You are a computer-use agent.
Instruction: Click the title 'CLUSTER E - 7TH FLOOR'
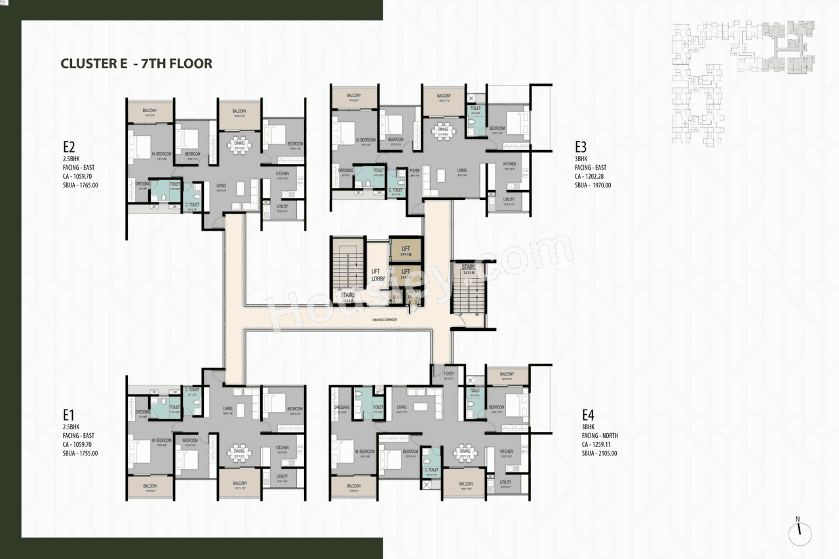click(136, 64)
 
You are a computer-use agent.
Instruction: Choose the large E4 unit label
click(588, 415)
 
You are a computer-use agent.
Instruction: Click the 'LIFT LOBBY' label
click(378, 275)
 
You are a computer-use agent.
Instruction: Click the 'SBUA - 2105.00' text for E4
click(599, 453)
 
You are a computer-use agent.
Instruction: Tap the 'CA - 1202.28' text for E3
click(593, 176)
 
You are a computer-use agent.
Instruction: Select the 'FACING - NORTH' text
click(600, 435)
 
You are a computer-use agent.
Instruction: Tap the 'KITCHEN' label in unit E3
click(509, 164)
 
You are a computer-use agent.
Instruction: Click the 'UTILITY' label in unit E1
click(282, 476)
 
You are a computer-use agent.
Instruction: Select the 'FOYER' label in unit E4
click(448, 374)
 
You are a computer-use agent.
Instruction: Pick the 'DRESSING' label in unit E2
click(143, 183)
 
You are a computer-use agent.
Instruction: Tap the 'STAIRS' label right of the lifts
click(468, 267)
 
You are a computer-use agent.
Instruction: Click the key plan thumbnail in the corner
click(743, 82)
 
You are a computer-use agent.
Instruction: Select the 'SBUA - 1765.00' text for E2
click(81, 185)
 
